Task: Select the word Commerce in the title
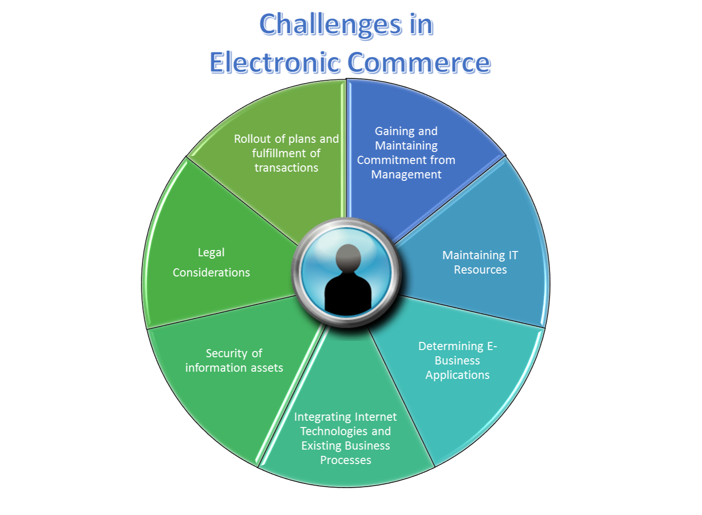pos(419,63)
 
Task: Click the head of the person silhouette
pos(348,257)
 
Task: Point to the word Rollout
pos(252,139)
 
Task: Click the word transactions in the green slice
pos(287,168)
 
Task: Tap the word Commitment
pos(388,160)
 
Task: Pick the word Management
pos(406,175)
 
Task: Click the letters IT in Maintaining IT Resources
pos(513,255)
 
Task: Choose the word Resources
pos(480,270)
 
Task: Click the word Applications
pos(457,375)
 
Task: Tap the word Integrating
pos(323,417)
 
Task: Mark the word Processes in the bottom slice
pos(346,460)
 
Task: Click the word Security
pos(226,353)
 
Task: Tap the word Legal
pos(211,252)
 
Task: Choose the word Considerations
pos(211,273)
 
